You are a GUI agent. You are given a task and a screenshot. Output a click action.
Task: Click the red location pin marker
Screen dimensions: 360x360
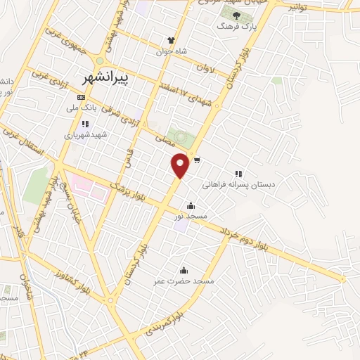[181, 165]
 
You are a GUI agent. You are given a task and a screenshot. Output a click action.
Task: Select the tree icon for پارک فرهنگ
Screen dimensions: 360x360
[237, 15]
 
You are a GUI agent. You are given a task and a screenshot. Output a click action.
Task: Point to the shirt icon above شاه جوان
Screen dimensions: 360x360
[170, 40]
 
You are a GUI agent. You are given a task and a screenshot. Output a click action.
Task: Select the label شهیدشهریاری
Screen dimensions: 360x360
[84, 134]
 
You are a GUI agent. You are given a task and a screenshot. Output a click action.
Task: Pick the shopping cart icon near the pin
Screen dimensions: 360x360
[198, 160]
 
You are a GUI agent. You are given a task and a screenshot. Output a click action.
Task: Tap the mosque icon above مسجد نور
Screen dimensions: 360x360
[191, 206]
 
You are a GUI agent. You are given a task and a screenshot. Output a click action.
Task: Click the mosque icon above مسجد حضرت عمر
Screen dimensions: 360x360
[184, 270]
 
